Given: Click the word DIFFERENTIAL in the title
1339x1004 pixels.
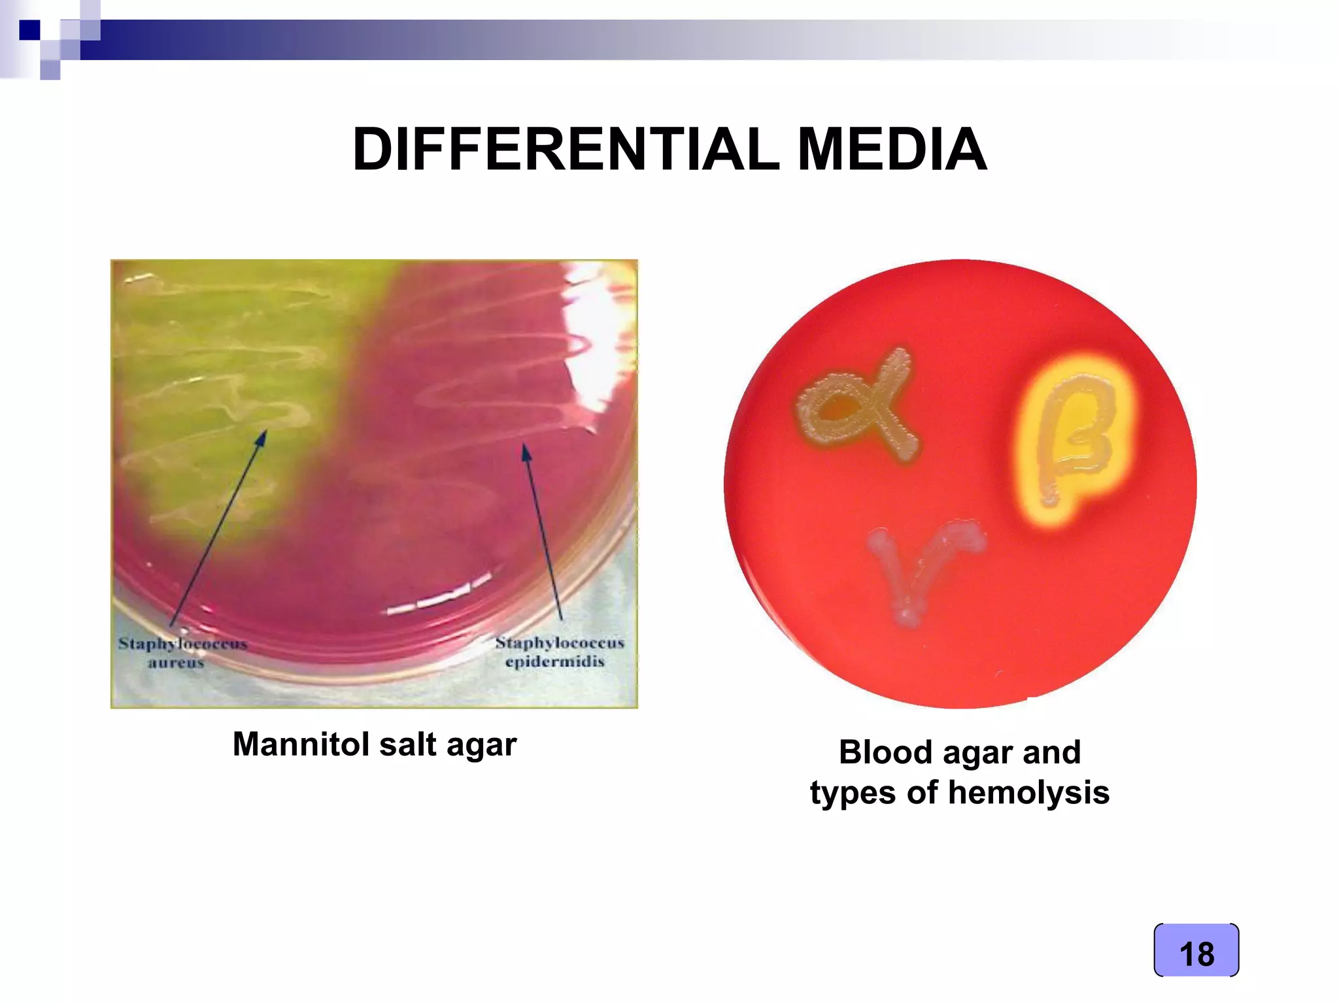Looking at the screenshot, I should click(x=566, y=150).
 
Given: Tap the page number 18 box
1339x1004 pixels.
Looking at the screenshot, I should click(x=1196, y=951).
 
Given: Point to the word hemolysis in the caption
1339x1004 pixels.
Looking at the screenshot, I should click(x=1028, y=793).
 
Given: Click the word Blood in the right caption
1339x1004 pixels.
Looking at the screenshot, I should click(x=885, y=752).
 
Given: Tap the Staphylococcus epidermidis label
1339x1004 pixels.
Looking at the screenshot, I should click(x=558, y=652).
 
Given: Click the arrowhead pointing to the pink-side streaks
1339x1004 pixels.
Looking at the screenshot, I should click(x=526, y=451).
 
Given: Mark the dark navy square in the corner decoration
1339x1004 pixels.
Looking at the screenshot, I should click(x=29, y=30).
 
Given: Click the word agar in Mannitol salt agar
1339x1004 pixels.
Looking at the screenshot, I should click(x=481, y=745).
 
